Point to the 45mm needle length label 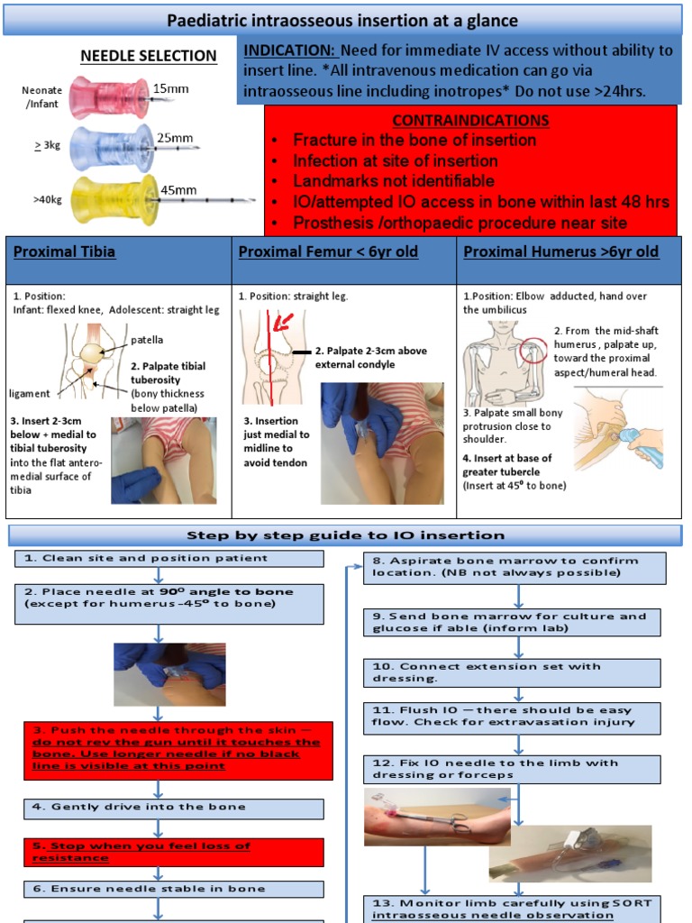click(178, 189)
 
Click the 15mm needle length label click(170, 88)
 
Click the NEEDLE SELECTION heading click(149, 56)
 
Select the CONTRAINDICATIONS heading click(470, 120)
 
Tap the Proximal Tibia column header click(64, 251)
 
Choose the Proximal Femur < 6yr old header click(328, 251)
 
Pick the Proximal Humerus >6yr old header click(560, 251)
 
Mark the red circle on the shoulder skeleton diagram click(533, 348)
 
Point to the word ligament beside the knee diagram click(30, 394)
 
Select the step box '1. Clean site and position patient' click(169, 558)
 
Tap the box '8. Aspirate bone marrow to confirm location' click(514, 567)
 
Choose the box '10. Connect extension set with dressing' click(514, 672)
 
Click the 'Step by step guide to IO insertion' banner click(345, 535)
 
